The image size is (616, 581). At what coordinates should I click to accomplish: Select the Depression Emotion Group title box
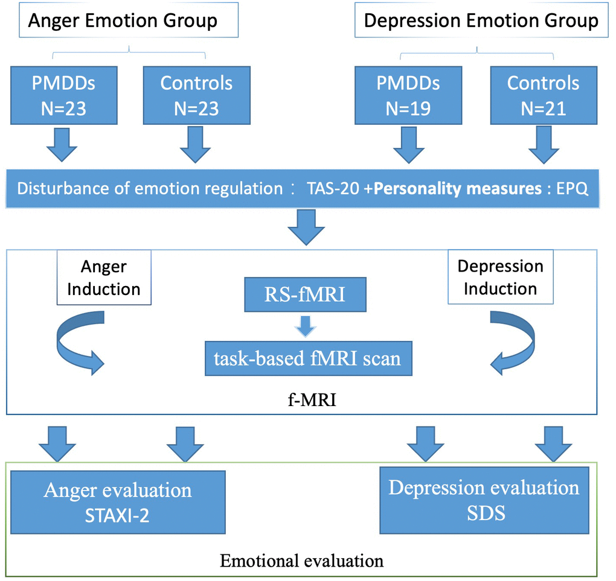[x=481, y=22]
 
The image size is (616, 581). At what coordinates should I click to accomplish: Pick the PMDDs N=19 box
[x=408, y=95]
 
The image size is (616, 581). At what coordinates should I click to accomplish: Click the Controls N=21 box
[x=543, y=95]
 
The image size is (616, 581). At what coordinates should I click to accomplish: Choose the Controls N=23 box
[x=196, y=95]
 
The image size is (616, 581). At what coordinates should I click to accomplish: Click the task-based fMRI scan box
[x=306, y=358]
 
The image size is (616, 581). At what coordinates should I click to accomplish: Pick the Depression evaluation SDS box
[x=484, y=500]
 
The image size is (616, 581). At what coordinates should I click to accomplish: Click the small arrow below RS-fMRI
[x=304, y=326]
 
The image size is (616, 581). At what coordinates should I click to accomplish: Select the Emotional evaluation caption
[x=301, y=560]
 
